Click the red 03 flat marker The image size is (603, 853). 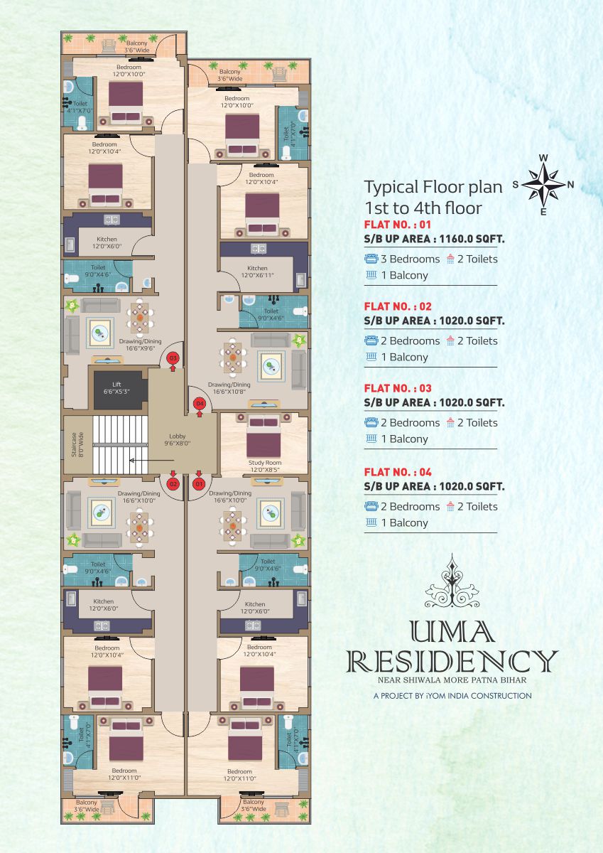click(173, 358)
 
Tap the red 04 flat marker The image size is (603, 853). click(199, 404)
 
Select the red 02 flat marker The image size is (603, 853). click(173, 484)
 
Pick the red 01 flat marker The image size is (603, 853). click(199, 484)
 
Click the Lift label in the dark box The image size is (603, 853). click(116, 387)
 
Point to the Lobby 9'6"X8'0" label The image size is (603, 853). click(178, 439)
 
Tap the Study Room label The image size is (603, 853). click(265, 466)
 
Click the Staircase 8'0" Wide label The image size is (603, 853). click(77, 444)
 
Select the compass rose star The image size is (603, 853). click(543, 185)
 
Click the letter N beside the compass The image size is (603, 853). click(570, 185)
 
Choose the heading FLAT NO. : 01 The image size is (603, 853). click(398, 225)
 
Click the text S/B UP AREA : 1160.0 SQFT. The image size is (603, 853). click(435, 239)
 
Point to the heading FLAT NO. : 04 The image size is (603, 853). click(398, 472)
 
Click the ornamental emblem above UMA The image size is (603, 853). click(452, 580)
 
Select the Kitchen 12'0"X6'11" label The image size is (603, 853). click(258, 272)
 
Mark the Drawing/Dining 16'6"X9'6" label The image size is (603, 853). click(140, 345)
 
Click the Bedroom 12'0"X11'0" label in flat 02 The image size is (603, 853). click(124, 774)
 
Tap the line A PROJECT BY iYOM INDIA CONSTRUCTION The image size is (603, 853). click(452, 696)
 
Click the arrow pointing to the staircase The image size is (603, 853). click(152, 461)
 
